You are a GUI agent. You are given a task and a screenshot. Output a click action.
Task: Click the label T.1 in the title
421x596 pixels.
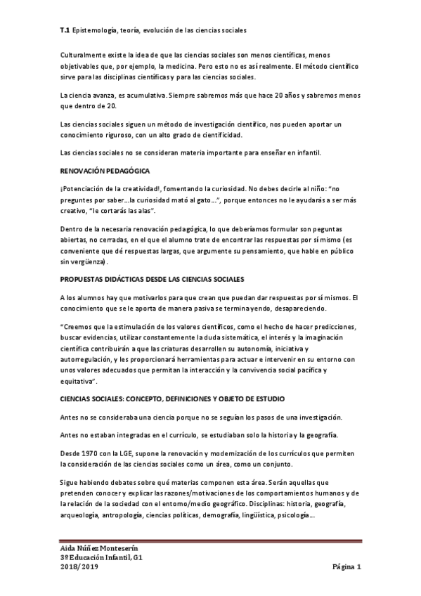[64, 31]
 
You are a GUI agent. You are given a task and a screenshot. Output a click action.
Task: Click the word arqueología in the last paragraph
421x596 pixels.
[82, 514]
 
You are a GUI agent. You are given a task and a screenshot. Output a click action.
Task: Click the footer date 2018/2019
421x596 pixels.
[79, 567]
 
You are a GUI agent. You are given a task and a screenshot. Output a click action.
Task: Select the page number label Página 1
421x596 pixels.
[346, 567]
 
